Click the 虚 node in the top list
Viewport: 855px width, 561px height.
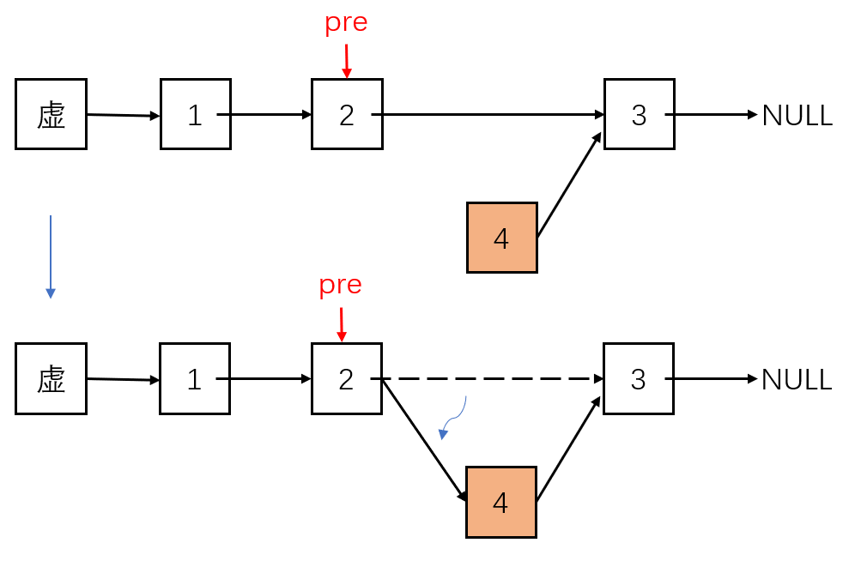(51, 114)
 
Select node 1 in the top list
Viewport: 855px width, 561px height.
(195, 114)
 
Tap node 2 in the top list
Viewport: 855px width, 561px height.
(347, 114)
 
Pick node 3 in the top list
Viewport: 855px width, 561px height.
(639, 114)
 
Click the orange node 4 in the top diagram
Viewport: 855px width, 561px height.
(501, 238)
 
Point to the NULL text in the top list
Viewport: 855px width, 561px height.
(797, 115)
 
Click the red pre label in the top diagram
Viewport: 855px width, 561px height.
(346, 23)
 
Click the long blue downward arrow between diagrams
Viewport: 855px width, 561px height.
(51, 256)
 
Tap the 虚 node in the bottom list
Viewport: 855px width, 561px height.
(51, 378)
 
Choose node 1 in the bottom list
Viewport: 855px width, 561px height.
(194, 378)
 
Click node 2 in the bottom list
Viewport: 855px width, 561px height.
(346, 378)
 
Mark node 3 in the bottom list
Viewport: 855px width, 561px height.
(638, 378)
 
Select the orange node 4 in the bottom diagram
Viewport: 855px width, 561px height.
(500, 502)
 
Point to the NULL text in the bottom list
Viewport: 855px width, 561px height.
(797, 379)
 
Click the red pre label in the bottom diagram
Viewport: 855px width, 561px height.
(340, 286)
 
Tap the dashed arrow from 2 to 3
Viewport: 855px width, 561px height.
(489, 378)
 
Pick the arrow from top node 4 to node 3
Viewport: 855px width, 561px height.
(568, 184)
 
